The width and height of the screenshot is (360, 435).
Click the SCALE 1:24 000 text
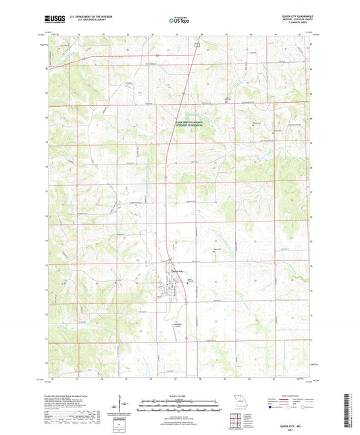[x=180, y=396]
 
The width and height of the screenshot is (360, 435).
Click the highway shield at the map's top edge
[x=196, y=43]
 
